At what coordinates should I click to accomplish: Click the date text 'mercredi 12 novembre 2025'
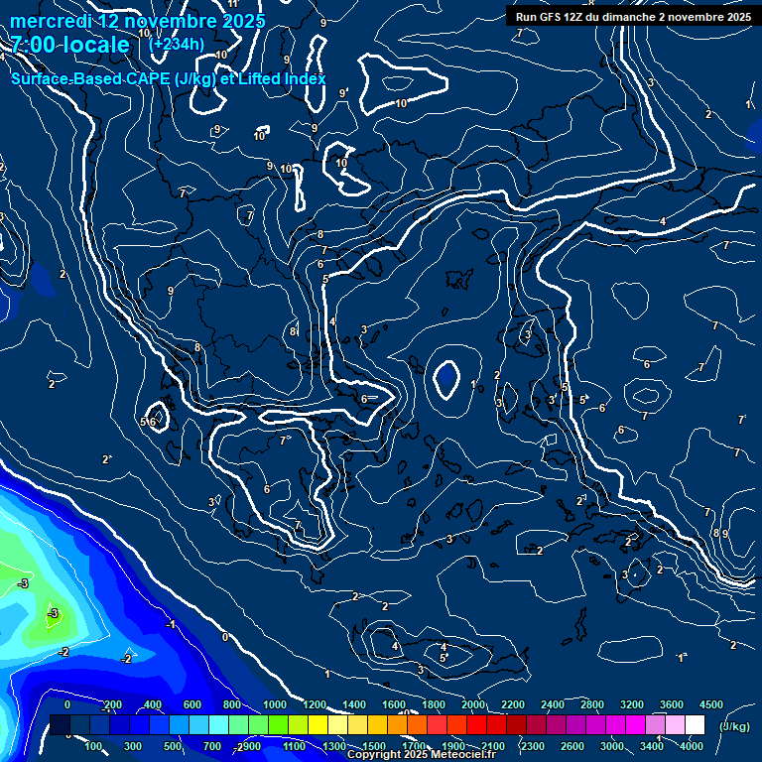pos(138,21)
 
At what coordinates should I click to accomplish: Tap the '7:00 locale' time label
pos(70,45)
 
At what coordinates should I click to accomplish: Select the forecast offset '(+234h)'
pos(177,44)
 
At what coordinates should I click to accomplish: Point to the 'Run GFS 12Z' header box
pos(632,17)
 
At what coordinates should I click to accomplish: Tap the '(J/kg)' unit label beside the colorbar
pos(735,727)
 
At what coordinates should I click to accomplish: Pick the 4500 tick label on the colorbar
pos(709,704)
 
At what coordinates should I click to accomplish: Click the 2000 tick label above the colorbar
pos(472,704)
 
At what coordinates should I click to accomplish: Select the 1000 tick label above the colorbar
pos(274,704)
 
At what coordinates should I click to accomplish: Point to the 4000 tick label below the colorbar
pos(692,746)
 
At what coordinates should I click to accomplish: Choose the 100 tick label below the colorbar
pos(94,746)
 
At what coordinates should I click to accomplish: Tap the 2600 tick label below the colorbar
pos(572,746)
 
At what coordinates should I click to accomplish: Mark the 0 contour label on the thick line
pos(224,637)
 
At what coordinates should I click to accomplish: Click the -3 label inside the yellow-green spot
pos(54,613)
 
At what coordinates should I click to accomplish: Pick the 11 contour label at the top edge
pos(233,4)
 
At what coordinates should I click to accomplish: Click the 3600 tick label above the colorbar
pos(672,704)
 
